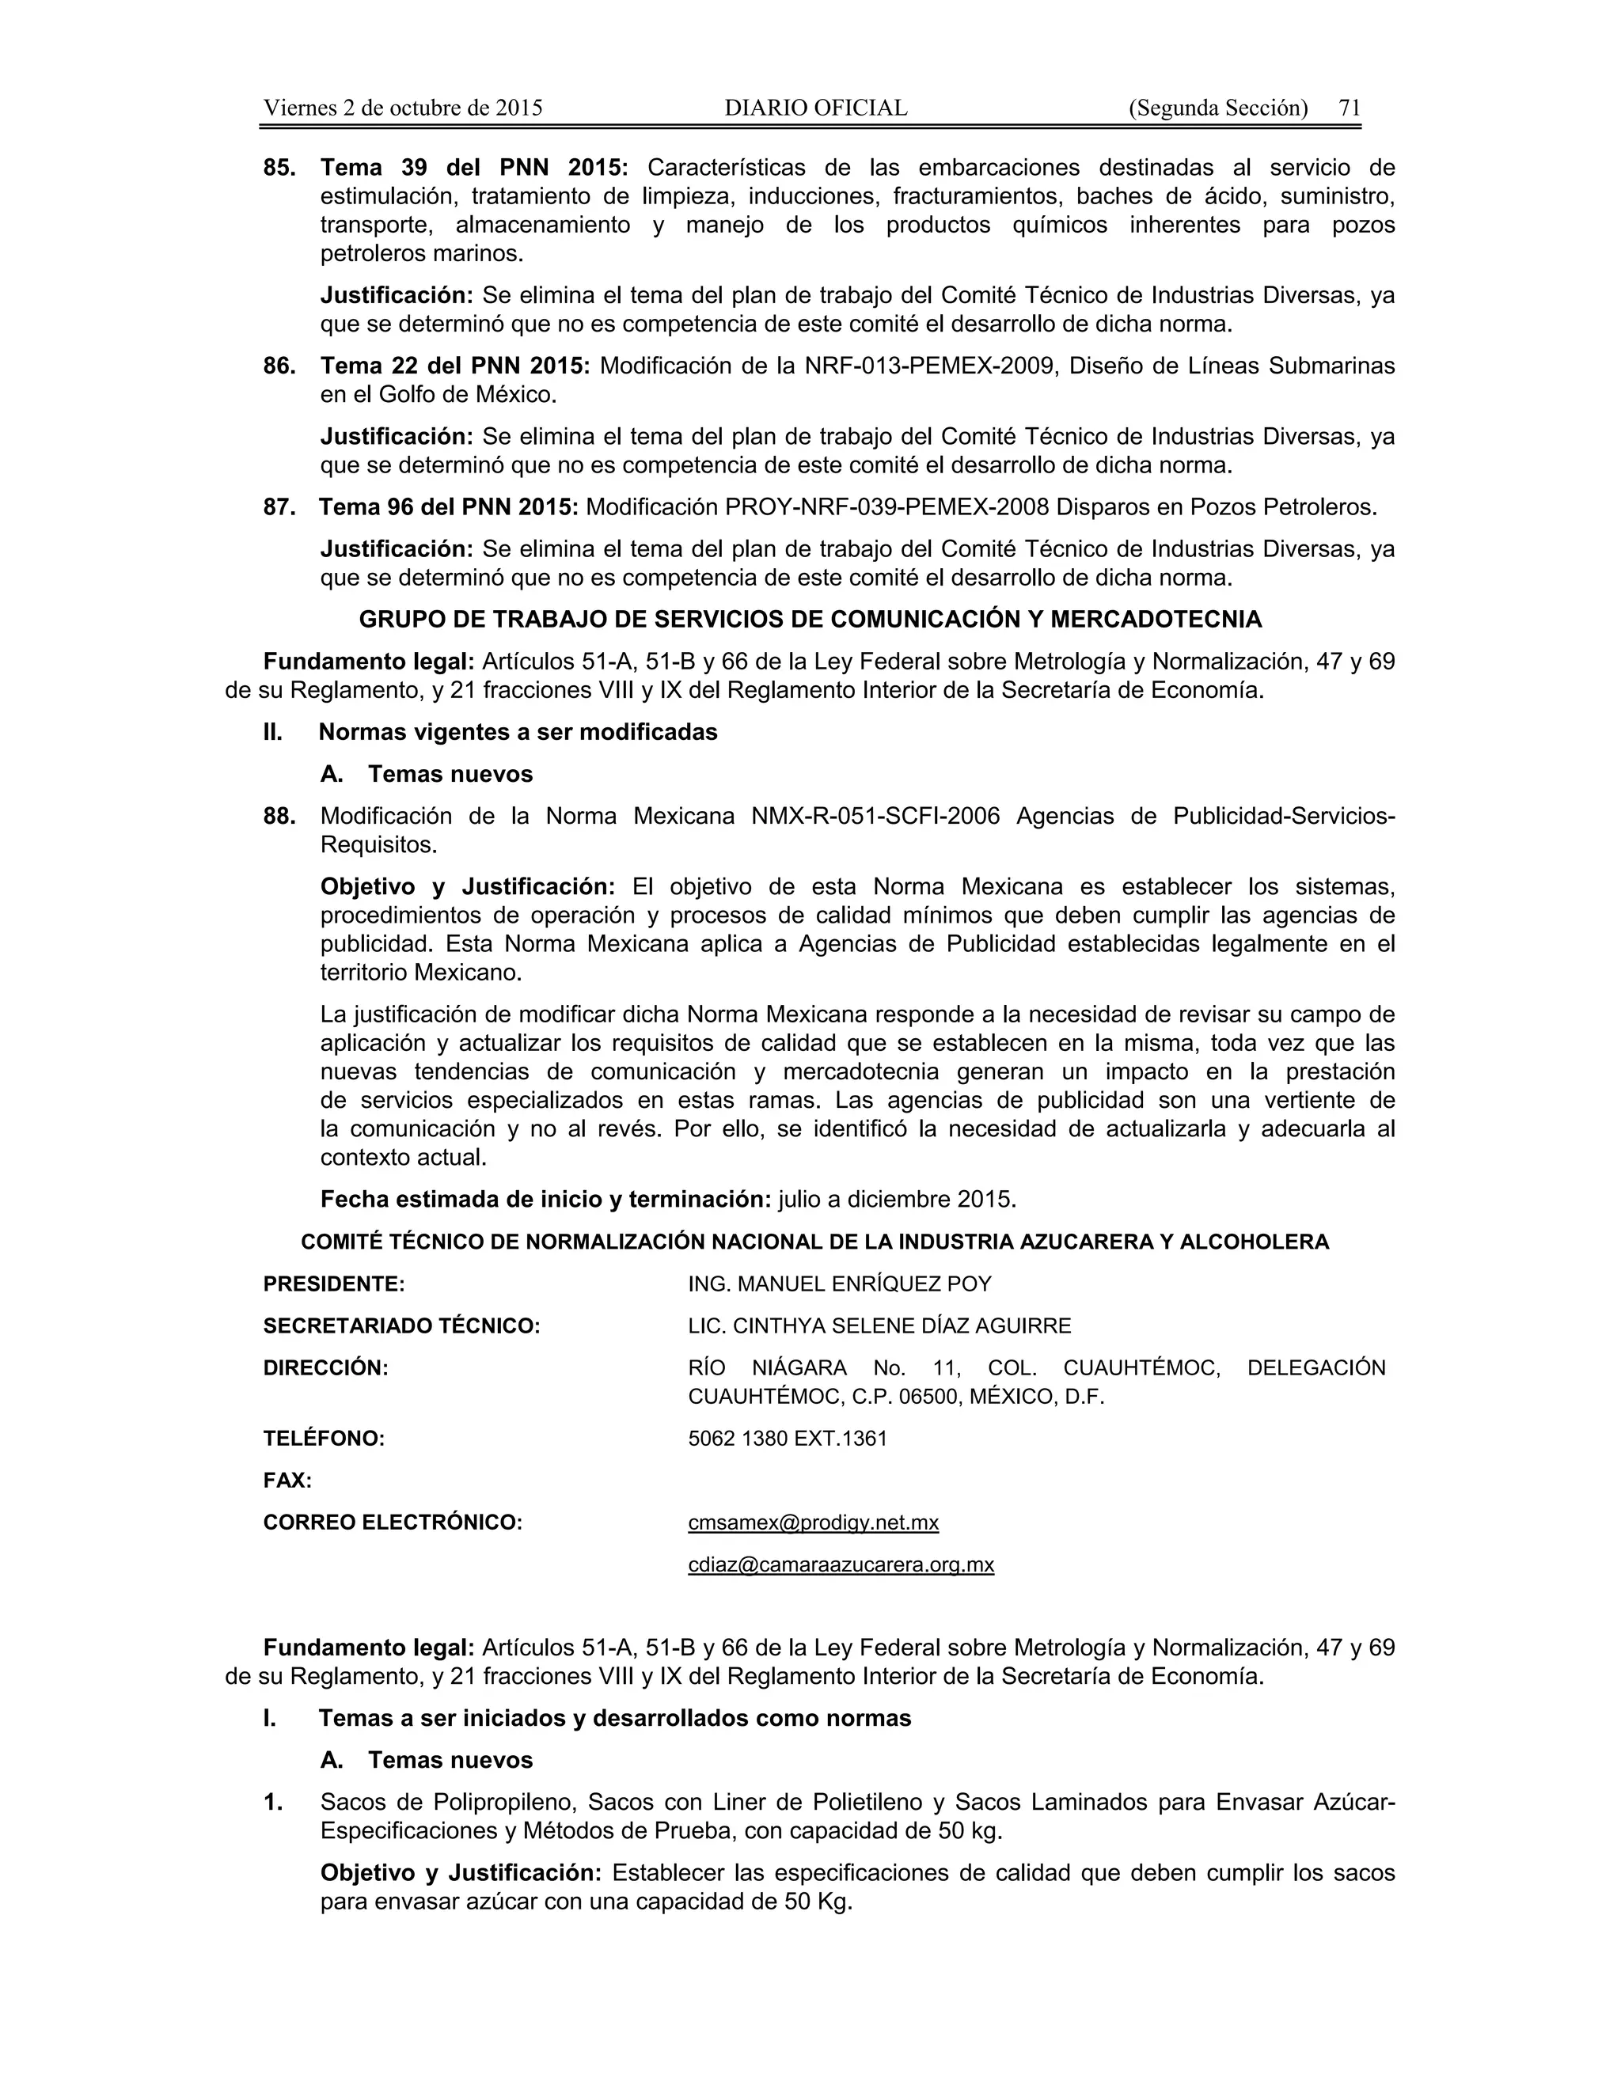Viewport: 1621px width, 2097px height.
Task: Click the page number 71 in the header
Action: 1350,108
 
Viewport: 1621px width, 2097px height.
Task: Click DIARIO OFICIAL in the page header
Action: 815,108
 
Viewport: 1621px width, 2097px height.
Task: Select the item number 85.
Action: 279,168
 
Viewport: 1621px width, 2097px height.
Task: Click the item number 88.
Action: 279,816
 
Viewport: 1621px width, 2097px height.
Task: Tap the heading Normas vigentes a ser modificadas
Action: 518,732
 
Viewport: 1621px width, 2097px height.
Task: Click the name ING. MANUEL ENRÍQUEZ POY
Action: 839,1284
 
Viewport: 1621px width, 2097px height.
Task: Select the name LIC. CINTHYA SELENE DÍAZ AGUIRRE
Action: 879,1326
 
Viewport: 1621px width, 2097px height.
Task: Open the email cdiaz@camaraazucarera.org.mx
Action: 841,1565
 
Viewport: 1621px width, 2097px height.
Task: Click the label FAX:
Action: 287,1481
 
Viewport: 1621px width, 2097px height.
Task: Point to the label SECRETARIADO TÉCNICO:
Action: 401,1326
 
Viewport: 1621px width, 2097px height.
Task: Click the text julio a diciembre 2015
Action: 896,1199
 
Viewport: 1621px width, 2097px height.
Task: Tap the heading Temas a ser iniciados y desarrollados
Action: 614,1718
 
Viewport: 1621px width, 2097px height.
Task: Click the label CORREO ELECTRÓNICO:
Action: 392,1523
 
